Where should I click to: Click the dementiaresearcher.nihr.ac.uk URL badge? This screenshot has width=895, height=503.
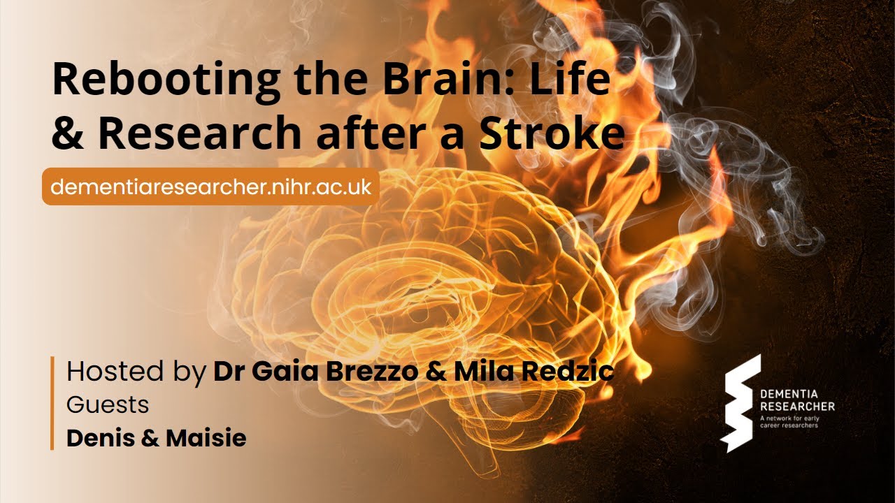210,187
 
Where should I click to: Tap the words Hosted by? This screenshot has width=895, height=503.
137,372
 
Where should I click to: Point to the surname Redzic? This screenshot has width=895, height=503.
571,372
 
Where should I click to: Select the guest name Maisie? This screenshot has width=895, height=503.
206,438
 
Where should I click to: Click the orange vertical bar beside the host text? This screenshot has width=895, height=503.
52,403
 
